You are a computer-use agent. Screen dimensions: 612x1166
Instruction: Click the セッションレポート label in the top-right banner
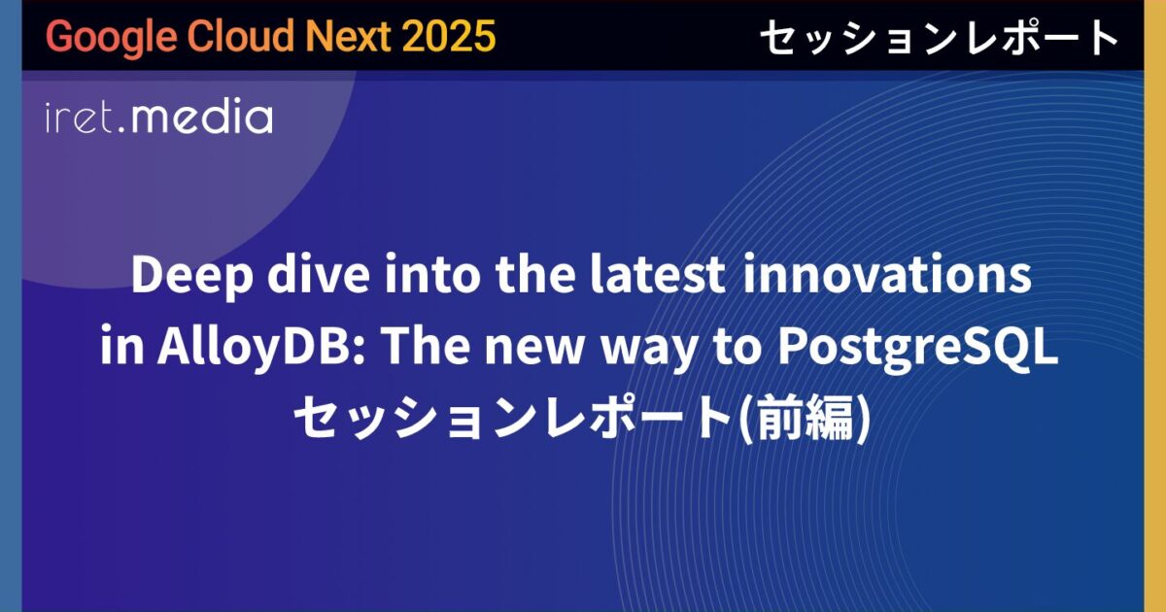point(939,38)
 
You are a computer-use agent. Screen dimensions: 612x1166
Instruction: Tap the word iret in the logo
point(82,119)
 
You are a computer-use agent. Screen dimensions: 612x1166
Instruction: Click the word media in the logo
point(202,118)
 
